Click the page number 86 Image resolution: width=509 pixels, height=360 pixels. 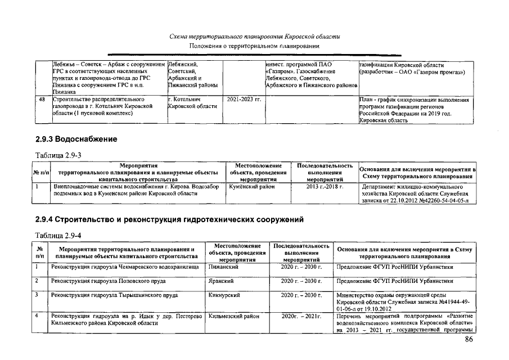[469, 340]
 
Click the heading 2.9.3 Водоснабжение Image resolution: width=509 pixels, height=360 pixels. [76, 139]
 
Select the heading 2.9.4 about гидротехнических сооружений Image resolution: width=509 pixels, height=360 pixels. [169, 220]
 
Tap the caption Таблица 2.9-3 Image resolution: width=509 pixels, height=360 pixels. [55, 155]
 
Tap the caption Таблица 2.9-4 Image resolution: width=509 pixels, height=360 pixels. [55, 236]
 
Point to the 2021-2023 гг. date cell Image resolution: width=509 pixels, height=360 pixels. [244, 100]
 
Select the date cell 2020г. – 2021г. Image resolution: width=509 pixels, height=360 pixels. [301, 317]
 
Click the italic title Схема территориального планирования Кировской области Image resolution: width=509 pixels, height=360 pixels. [255, 37]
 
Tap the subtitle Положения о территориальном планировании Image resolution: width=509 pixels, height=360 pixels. [255, 45]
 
